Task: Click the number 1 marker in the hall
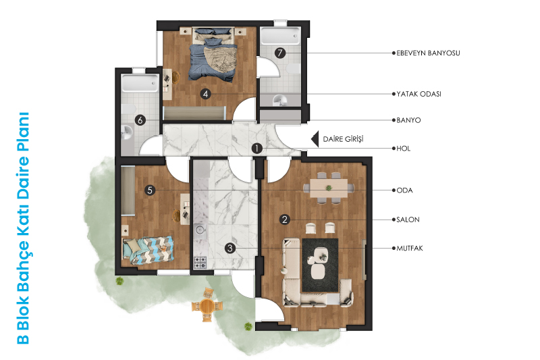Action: [257, 149]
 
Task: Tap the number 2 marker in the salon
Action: [284, 220]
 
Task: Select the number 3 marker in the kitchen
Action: [230, 248]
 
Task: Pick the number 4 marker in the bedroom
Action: [206, 94]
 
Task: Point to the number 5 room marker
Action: [150, 190]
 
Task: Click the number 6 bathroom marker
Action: [140, 120]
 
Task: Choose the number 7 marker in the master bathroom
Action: [280, 53]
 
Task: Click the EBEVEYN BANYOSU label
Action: [428, 53]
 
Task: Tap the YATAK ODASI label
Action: [418, 94]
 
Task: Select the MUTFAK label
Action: [410, 248]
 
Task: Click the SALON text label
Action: [408, 220]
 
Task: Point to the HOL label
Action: [403, 149]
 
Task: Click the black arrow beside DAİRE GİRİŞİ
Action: [315, 139]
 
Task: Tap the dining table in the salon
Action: [329, 188]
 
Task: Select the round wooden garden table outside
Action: [207, 305]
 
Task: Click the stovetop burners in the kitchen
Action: [200, 263]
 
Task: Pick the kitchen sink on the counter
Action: [200, 229]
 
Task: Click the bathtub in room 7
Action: [280, 36]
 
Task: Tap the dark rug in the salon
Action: [320, 265]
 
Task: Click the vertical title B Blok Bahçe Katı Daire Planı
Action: [23, 228]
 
